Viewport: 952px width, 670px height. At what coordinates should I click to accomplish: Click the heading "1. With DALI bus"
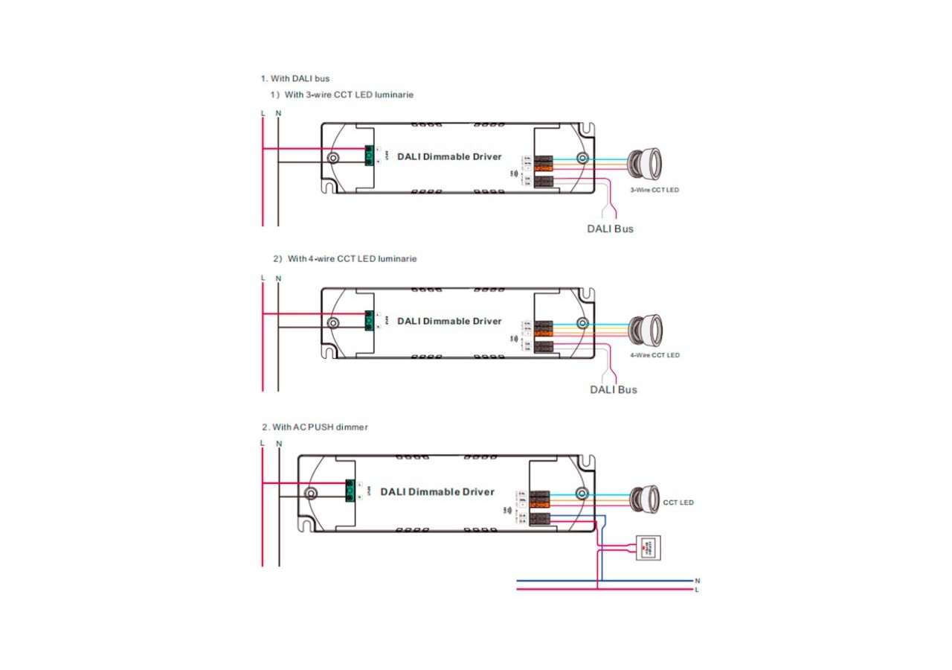pos(295,78)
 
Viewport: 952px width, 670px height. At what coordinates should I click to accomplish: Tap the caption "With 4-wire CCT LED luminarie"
pos(352,259)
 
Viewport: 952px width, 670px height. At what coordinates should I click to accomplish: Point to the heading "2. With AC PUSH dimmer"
pos(315,427)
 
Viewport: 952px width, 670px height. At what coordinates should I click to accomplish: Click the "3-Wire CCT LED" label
pos(654,190)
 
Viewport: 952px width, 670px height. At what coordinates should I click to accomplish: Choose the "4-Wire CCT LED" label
pos(654,355)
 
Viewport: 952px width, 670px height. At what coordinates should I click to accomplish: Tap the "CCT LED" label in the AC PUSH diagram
pos(678,502)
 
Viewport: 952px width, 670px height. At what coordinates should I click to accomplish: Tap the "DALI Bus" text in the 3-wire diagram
pos(611,229)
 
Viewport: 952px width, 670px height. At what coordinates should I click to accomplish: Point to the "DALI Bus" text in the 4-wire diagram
pos(614,389)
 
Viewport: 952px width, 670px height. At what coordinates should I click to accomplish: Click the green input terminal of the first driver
pos(368,156)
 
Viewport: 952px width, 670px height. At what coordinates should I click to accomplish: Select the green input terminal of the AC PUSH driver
pos(350,491)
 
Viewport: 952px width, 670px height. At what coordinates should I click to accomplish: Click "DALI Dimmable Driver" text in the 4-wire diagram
pos(449,321)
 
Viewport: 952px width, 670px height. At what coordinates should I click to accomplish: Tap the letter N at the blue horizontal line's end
pos(697,580)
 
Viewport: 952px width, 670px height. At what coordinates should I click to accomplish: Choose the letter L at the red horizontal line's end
pos(697,590)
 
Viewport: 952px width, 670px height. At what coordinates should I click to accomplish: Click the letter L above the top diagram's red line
pos(263,113)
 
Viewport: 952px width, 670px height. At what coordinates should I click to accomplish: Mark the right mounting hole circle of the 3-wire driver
pos(582,158)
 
